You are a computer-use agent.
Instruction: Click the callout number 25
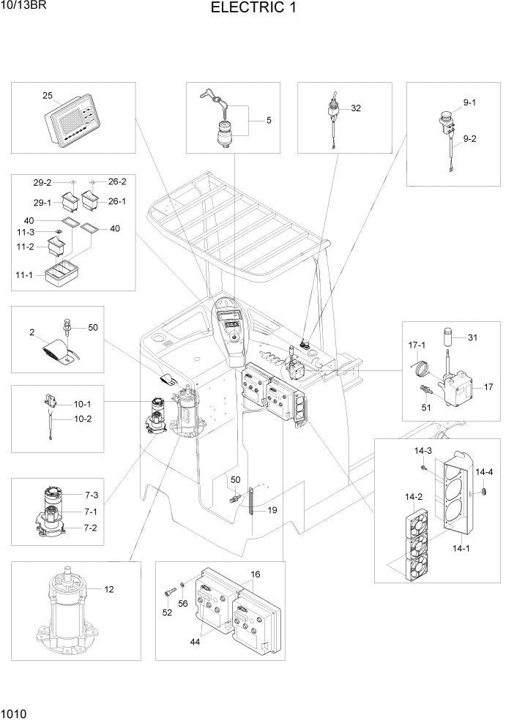click(x=47, y=96)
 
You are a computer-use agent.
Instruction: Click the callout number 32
click(x=356, y=108)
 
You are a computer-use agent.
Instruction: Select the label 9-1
click(x=469, y=102)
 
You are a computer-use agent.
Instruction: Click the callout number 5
click(x=268, y=120)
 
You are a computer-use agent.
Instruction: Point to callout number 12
click(x=109, y=588)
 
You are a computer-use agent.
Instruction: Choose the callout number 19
click(x=272, y=510)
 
